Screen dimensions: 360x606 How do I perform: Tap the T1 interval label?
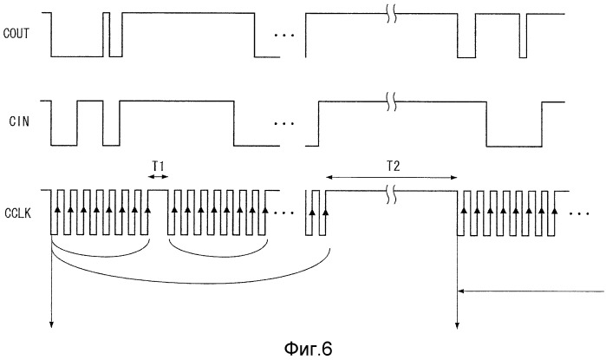[x=157, y=162]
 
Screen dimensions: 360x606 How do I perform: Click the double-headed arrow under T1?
[x=157, y=177]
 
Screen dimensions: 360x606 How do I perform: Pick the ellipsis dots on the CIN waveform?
[x=282, y=124]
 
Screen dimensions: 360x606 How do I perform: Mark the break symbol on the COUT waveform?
[x=391, y=14]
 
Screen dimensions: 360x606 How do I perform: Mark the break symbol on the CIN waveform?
[x=391, y=102]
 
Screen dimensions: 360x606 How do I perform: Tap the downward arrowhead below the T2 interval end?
[x=457, y=324]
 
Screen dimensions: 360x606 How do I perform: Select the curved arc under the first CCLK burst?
[x=101, y=254]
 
